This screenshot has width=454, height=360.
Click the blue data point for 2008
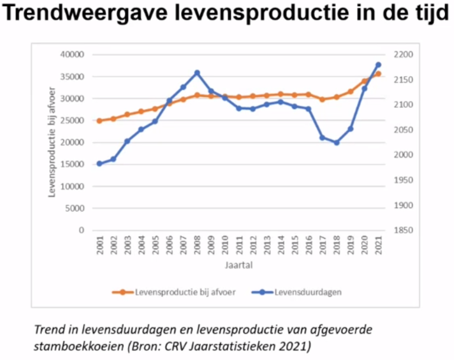coord(197,73)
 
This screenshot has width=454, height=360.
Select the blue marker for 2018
coord(337,143)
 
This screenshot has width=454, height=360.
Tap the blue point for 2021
coord(378,65)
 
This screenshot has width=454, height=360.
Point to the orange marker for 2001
coord(100,121)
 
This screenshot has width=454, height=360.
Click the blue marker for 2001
coord(100,164)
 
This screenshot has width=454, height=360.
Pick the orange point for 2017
coord(322,100)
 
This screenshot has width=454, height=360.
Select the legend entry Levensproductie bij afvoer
coord(185,292)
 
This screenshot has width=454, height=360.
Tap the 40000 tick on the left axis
coord(73,54)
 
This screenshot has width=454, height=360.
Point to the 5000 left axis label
coord(75,208)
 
